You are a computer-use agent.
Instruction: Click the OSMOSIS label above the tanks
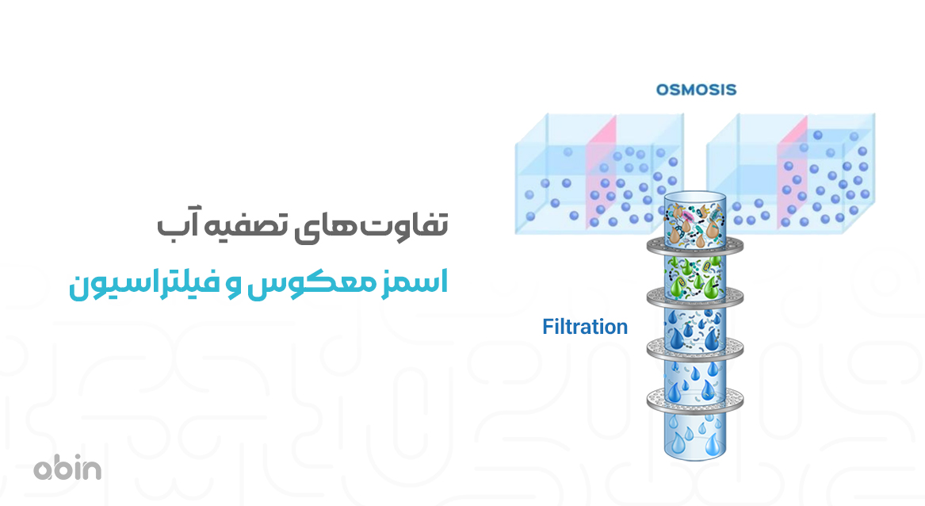point(696,90)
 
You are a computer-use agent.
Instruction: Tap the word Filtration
point(585,326)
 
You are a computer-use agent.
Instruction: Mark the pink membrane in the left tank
point(601,174)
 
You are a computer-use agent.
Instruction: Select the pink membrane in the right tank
point(792,174)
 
